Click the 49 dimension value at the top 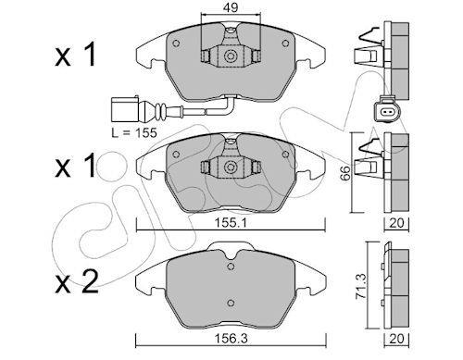tap(231, 7)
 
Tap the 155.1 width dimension tap(231, 223)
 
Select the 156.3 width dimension tap(231, 339)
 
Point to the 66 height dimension tap(345, 173)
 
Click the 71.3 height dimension tap(360, 286)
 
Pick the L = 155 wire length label tap(134, 132)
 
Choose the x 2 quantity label tap(77, 281)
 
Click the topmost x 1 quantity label tap(75, 55)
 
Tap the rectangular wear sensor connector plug tap(125, 110)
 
